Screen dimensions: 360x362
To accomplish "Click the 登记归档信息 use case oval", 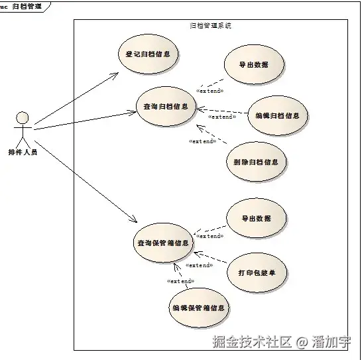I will pyautogui.click(x=147, y=54).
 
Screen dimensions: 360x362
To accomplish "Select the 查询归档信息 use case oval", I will pyautogui.click(x=165, y=106).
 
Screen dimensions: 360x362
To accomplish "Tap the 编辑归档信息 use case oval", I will pyautogui.click(x=277, y=115).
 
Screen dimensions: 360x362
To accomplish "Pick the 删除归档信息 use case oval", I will pyautogui.click(x=255, y=161).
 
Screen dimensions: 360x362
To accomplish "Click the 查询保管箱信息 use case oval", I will pyautogui.click(x=163, y=243).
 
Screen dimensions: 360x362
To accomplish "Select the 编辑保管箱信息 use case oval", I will pyautogui.click(x=198, y=308).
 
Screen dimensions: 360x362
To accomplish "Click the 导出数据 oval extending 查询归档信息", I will pyautogui.click(x=254, y=65).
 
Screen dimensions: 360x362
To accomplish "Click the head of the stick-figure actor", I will pyautogui.click(x=22, y=118).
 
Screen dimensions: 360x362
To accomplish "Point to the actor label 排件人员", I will pyautogui.click(x=23, y=152).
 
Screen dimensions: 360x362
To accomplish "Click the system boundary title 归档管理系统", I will pyautogui.click(x=210, y=26).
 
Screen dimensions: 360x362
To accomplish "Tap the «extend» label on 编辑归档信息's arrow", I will pyautogui.click(x=222, y=117).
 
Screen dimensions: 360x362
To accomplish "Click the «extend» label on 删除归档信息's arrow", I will pyautogui.click(x=202, y=141).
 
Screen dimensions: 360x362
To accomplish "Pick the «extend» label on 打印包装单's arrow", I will pyautogui.click(x=198, y=265).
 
